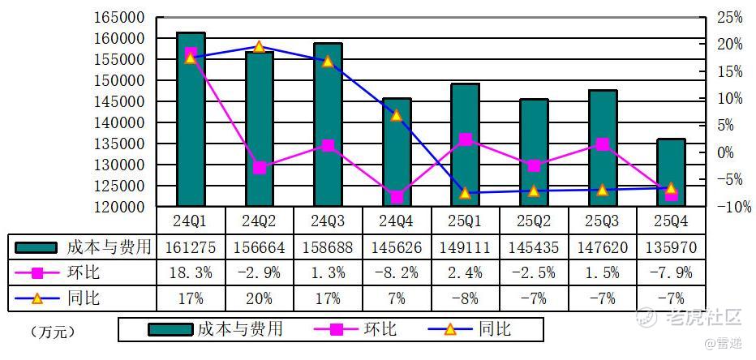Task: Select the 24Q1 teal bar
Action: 191,119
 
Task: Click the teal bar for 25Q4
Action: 671,172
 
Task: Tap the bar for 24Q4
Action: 397,152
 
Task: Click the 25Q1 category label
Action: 465,221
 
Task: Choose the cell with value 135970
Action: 671,246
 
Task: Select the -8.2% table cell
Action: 397,272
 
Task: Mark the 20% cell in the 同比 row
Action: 259,298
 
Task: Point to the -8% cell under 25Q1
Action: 465,298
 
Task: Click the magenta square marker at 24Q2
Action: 259,168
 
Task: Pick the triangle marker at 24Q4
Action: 397,115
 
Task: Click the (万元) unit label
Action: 57,332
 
